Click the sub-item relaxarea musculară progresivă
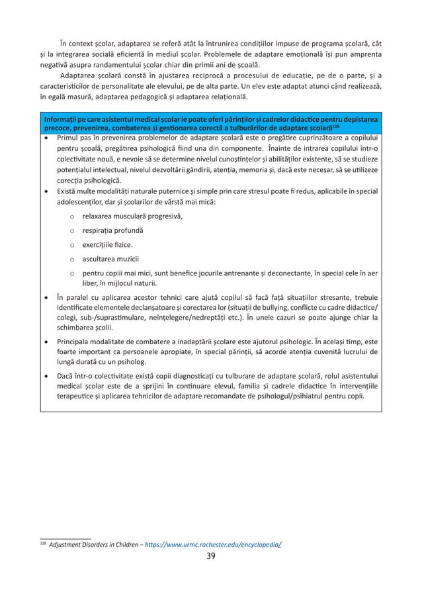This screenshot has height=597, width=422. click(x=132, y=216)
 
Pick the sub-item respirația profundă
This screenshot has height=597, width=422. click(x=113, y=230)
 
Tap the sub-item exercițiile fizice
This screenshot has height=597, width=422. click(x=106, y=244)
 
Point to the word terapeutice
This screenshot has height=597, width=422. click(x=79, y=398)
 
